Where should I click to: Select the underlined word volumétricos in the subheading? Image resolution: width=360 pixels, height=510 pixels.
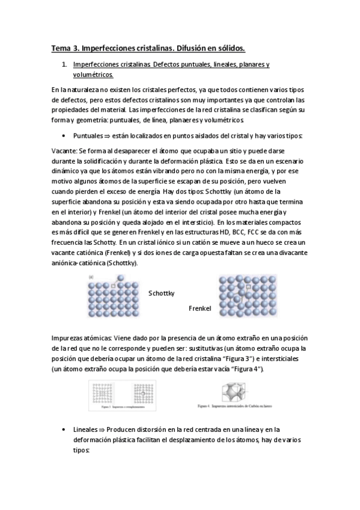click(92, 75)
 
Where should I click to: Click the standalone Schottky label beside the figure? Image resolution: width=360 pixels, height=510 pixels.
click(161, 293)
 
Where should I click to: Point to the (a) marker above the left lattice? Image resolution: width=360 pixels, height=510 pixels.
click(91, 277)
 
